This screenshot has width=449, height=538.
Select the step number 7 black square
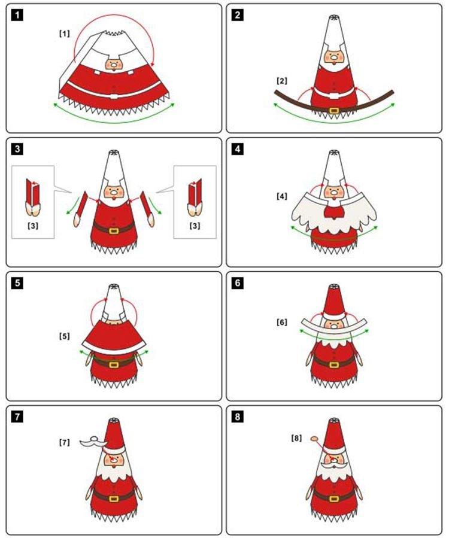pos(19,417)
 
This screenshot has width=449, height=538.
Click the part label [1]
pos(64,34)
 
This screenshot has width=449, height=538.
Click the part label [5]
pos(64,336)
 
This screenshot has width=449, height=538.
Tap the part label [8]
pos(296,438)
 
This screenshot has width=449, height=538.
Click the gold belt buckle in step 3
pos(114,229)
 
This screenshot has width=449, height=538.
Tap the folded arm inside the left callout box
pos(33,197)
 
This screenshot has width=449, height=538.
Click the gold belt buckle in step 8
pos(333,497)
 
